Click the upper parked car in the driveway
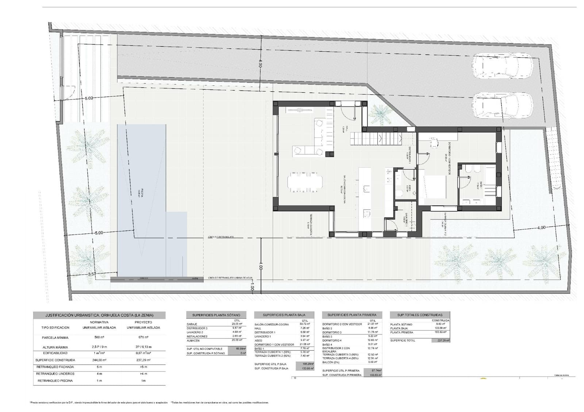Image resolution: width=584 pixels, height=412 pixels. tap(502, 66)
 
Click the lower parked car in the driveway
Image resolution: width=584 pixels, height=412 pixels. tap(502, 105)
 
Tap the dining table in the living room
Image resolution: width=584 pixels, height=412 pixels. tap(305, 181)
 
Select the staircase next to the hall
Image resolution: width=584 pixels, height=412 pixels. tap(376, 139)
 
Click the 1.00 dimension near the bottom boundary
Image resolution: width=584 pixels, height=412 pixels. tap(252, 287)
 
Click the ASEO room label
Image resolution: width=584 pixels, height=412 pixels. tap(410, 188)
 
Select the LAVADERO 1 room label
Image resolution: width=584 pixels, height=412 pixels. tap(406, 217)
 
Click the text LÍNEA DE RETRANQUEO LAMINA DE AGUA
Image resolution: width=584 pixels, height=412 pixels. tap(230, 278)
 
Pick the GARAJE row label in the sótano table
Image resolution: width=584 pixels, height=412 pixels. tap(192, 324)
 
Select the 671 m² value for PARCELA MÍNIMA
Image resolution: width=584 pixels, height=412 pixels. tap(143, 338)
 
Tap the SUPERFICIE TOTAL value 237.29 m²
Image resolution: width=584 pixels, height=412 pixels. tap(441, 340)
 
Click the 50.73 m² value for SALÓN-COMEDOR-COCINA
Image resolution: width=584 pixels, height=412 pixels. tap(305, 324)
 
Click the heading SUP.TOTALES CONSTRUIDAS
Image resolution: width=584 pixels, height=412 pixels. tap(420, 315)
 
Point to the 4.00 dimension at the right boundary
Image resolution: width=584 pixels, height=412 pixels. tap(541, 227)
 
